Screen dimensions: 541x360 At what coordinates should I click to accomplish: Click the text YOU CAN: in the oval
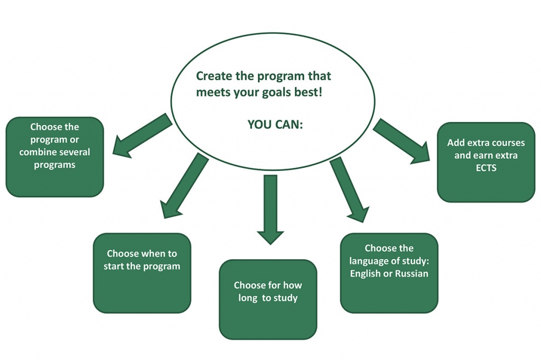click(x=275, y=125)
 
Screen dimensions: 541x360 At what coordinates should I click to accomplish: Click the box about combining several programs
click(x=55, y=157)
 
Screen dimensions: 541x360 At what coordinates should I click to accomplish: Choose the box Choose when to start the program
click(x=142, y=273)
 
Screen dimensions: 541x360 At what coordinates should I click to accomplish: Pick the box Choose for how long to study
click(x=268, y=299)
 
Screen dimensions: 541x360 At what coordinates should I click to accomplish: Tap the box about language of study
click(x=389, y=273)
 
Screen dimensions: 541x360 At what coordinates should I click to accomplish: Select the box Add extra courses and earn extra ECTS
click(x=486, y=162)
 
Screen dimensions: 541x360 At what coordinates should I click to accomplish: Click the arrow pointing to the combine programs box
click(x=142, y=136)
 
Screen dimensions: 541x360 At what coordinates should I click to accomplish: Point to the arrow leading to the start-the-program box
click(x=184, y=185)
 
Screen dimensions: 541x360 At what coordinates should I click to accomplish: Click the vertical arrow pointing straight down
click(x=270, y=210)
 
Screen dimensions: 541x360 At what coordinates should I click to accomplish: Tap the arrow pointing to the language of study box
click(x=349, y=190)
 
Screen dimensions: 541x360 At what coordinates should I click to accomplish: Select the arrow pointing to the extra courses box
click(x=402, y=141)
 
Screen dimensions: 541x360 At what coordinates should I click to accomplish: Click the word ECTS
click(x=486, y=168)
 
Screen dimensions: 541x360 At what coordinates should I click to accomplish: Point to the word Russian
click(x=412, y=273)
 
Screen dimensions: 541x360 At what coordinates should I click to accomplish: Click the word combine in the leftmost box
click(x=35, y=152)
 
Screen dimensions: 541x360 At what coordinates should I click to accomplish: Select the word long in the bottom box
click(x=248, y=298)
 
